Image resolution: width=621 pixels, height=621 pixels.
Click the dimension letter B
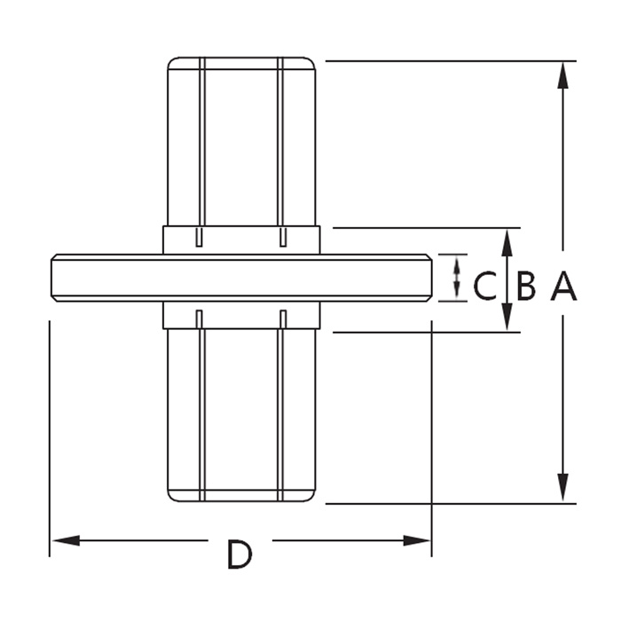coord(526,286)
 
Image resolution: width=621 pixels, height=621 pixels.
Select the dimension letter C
coord(484,286)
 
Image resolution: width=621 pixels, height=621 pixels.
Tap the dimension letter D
coord(239,555)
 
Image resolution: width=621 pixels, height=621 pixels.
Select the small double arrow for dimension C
coord(457,277)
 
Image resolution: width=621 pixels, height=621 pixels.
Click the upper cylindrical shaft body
coord(241,142)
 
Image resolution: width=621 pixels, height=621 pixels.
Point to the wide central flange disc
coord(241,278)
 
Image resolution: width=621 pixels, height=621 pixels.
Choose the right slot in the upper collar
coord(282,236)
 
